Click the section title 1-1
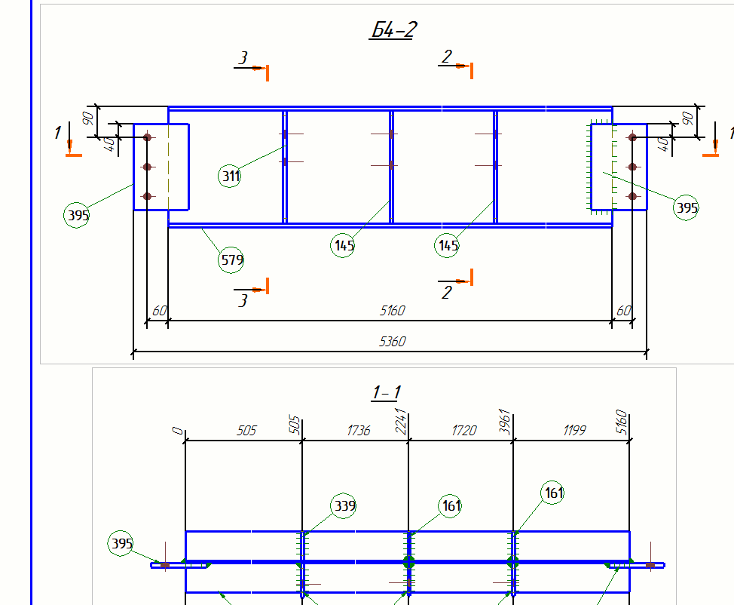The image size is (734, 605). point(386,392)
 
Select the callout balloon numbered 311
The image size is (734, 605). point(231,177)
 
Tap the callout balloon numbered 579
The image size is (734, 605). point(231,261)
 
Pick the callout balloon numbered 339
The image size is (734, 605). point(344,505)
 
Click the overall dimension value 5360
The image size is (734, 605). point(392,342)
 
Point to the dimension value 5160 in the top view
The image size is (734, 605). point(392,310)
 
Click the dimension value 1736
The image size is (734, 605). point(359,430)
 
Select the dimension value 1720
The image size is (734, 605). point(464,430)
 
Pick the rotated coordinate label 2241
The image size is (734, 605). point(401,421)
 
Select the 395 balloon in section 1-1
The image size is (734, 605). point(122,543)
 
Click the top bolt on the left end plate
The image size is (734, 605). point(148,137)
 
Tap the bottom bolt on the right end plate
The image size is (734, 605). point(633,196)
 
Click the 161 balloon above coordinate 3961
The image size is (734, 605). point(553,494)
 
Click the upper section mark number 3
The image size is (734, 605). point(243,58)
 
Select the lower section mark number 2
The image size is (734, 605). point(447,293)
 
